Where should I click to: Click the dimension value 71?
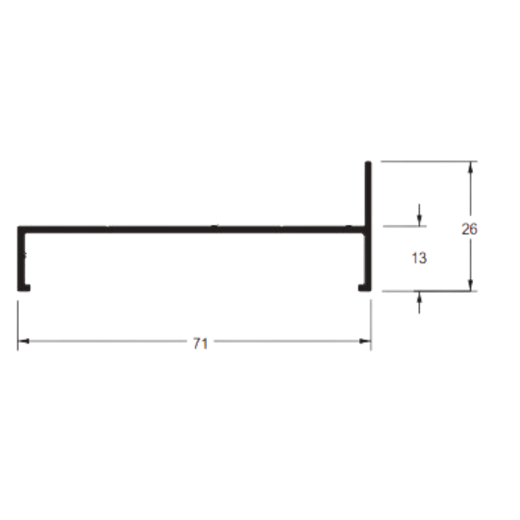click(200, 344)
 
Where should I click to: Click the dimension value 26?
click(469, 229)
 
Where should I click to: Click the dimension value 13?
click(419, 258)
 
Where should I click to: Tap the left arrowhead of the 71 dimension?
click(23, 341)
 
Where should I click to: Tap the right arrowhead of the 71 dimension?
click(365, 341)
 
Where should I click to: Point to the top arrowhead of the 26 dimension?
click(470, 167)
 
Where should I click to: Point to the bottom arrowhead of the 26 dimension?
click(470, 285)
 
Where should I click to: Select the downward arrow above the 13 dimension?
click(419, 215)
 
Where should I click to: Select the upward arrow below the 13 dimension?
click(419, 302)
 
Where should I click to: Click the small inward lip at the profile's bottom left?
click(27, 288)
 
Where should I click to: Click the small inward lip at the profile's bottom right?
click(361, 288)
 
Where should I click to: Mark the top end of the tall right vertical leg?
click(369, 163)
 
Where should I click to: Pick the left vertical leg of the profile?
click(21, 259)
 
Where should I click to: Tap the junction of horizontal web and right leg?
click(368, 229)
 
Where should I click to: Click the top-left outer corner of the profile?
click(18, 226)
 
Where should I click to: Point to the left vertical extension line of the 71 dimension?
click(18, 325)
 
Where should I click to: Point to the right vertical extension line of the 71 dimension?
click(370, 325)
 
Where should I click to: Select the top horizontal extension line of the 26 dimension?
click(429, 162)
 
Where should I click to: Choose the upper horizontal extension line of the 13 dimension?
click(405, 226)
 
